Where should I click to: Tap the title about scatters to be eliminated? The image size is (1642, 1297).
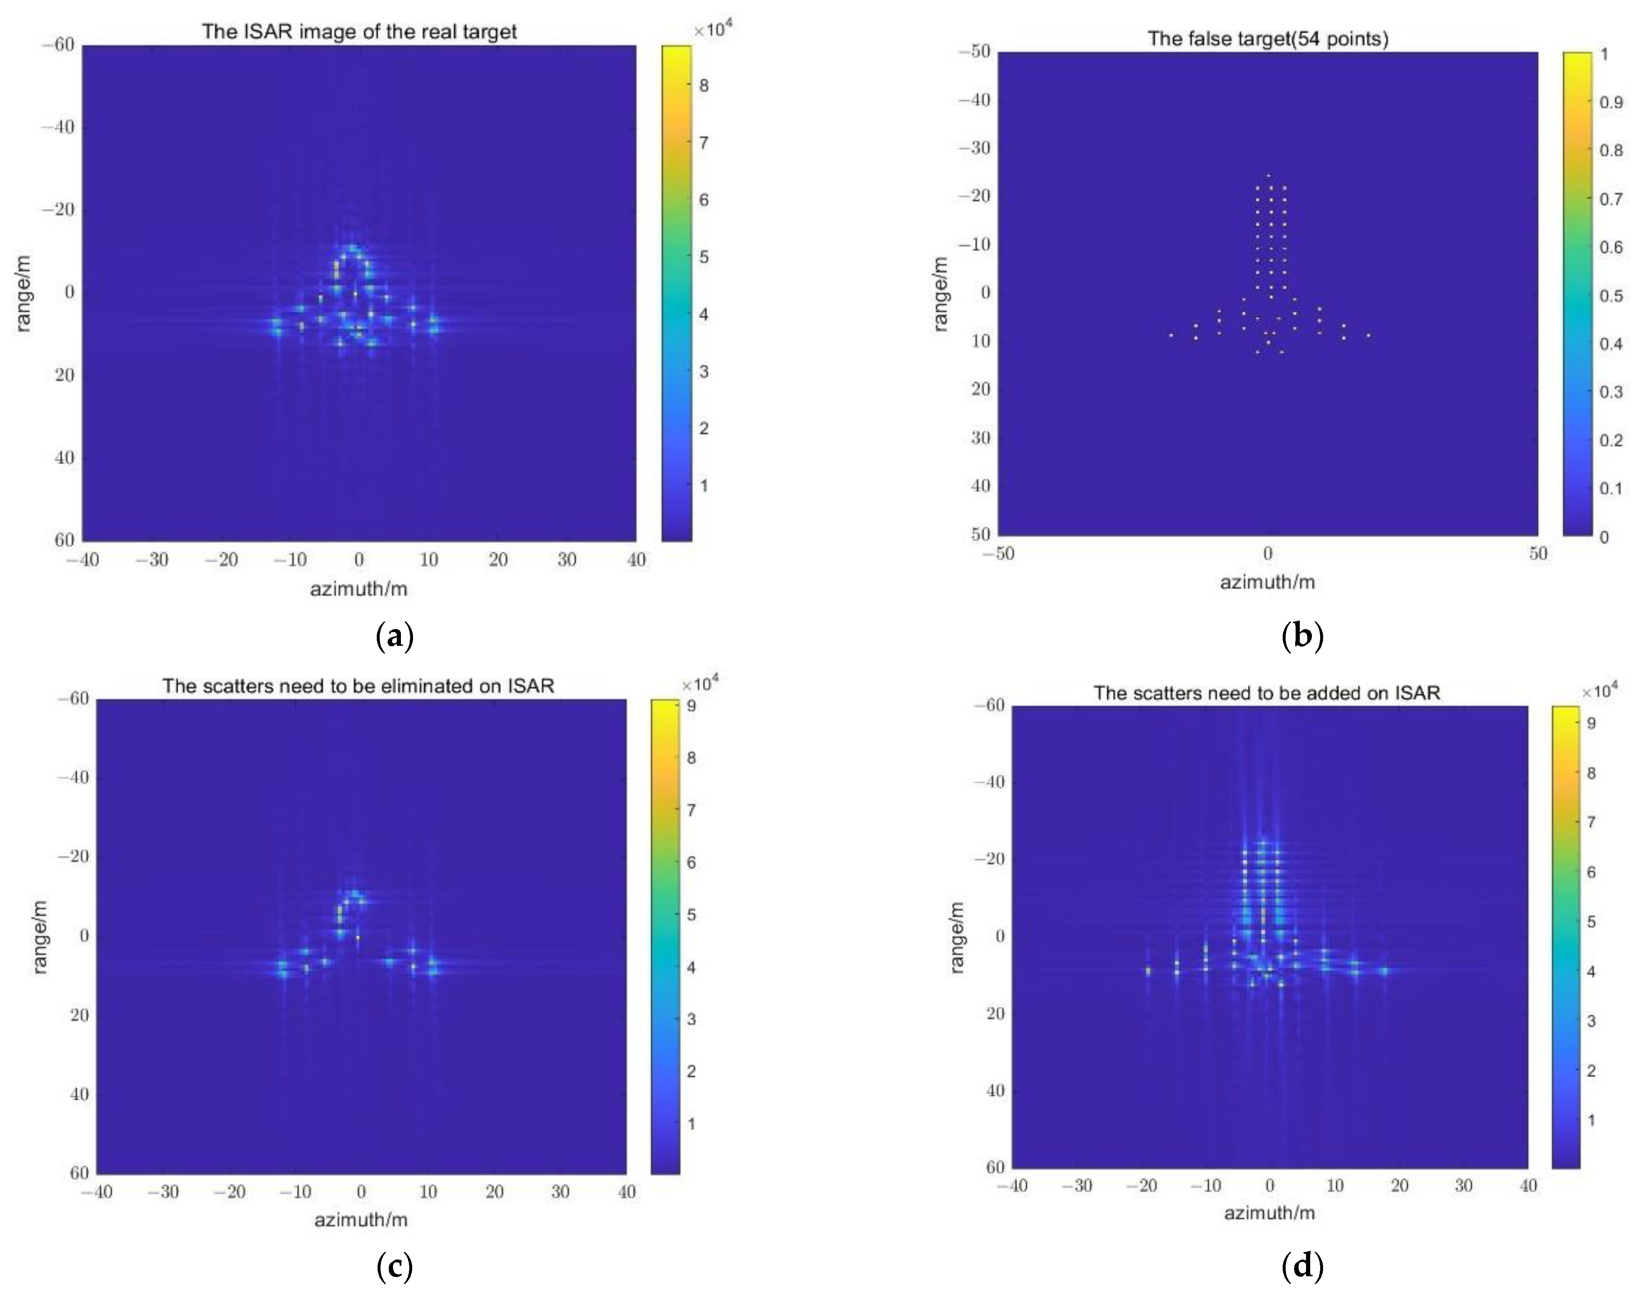click(x=358, y=686)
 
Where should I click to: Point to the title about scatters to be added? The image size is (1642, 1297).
click(x=1266, y=692)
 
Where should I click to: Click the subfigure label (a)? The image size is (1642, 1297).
click(x=395, y=635)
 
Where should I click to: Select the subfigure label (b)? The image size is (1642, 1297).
click(x=1302, y=635)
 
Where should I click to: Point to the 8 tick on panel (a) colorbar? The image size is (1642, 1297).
click(x=704, y=86)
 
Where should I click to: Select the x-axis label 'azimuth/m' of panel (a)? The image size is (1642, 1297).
click(x=359, y=588)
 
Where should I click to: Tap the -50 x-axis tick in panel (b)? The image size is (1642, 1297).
click(x=998, y=554)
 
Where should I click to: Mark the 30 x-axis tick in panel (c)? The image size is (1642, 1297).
click(x=560, y=1191)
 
